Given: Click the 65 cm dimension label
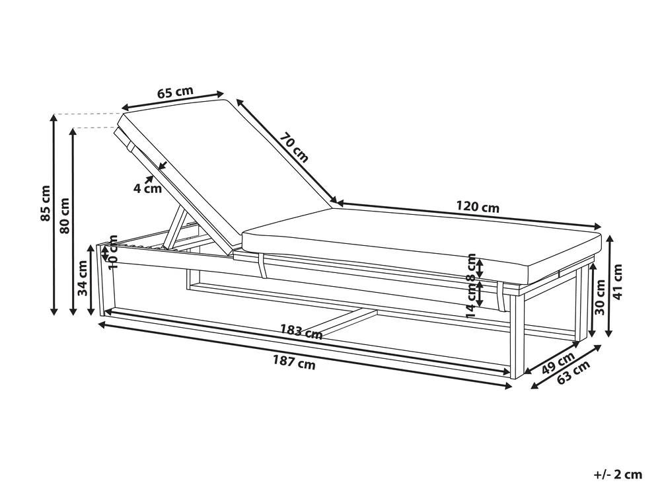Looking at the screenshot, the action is click(175, 92).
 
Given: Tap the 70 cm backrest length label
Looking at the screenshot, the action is click(294, 147).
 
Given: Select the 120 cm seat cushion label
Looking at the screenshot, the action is click(478, 207).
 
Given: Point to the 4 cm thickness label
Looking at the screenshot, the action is click(147, 188).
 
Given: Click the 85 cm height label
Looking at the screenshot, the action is click(46, 203).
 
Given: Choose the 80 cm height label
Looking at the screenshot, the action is click(64, 215).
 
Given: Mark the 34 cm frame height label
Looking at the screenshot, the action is click(82, 278).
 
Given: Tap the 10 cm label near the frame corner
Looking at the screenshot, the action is click(113, 252).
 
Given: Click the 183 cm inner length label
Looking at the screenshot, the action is click(301, 331).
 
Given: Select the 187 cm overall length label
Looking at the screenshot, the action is click(294, 362).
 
